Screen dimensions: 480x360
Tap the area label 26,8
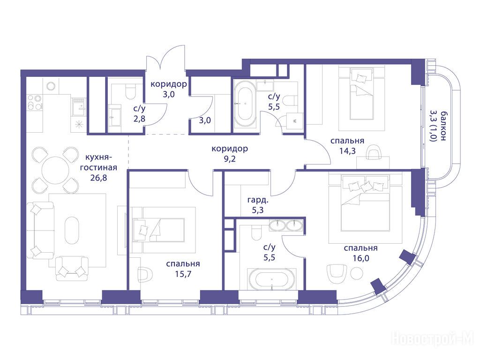coord(98,178)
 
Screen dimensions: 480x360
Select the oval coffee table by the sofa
coord(72,230)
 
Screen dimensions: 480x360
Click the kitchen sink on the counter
coord(78,106)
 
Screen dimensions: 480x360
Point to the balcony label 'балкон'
coord(442,126)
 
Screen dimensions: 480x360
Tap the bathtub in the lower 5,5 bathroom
coord(271,279)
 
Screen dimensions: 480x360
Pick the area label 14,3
coord(347,150)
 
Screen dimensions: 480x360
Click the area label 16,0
coord(360,258)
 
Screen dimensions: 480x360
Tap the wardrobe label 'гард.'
coord(258,201)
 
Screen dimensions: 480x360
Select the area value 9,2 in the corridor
coord(230,159)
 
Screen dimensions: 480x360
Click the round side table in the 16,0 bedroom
coord(357,273)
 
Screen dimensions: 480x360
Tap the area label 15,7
coord(183,274)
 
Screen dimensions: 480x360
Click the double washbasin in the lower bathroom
coord(286,225)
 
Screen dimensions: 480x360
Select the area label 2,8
coord(139,119)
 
